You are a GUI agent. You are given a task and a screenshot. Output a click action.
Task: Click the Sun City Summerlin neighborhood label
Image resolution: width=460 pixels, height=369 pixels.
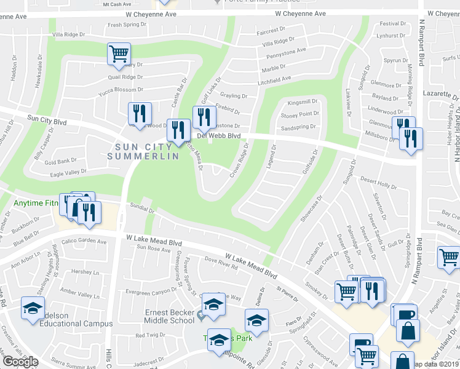(147, 151)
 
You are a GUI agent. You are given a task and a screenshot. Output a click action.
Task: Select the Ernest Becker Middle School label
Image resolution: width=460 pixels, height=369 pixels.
(170, 316)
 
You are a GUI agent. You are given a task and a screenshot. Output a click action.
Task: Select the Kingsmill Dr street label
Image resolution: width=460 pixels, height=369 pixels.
(298, 101)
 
